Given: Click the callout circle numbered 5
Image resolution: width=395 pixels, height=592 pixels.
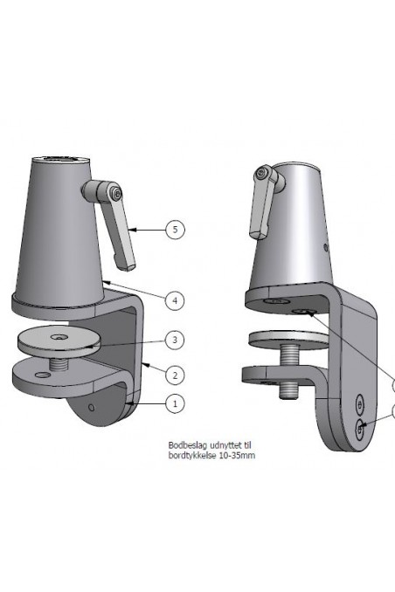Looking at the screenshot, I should click(176, 230).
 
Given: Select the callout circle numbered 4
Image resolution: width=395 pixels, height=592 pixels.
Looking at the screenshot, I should click(176, 299).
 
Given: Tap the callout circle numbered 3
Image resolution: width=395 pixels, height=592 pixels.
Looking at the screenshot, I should click(176, 339).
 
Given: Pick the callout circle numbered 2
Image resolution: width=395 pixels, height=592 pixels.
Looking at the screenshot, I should click(176, 375).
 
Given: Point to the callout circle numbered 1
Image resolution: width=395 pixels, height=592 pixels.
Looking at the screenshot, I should click(176, 403).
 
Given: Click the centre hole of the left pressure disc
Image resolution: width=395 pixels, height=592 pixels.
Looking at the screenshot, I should click(59, 336).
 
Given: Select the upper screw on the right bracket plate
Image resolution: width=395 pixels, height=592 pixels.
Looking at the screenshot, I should click(359, 403).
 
